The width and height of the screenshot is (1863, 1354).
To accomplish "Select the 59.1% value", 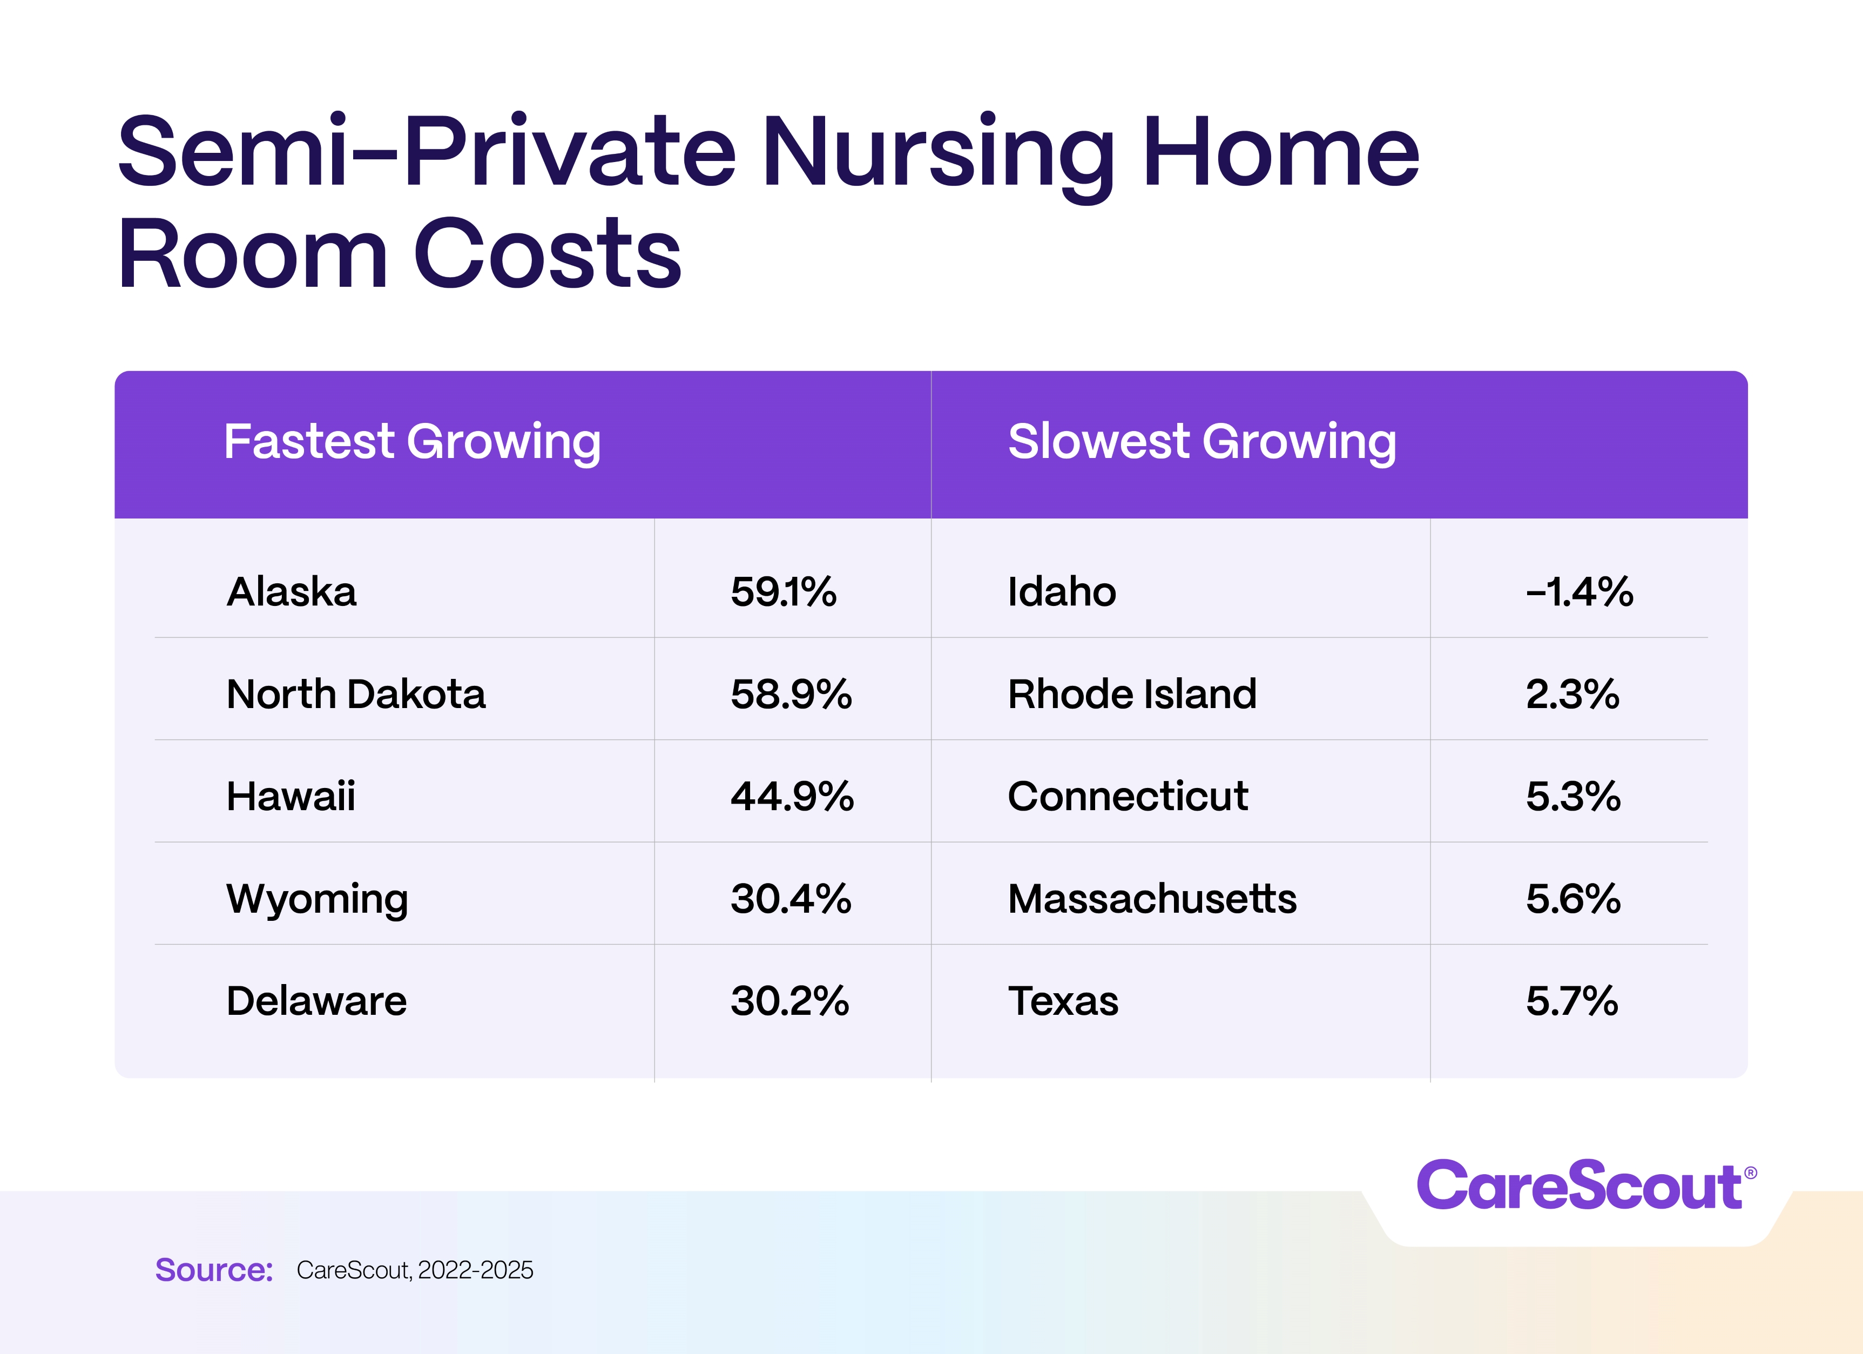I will tap(783, 591).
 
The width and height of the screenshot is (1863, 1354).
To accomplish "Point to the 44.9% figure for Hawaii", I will tap(792, 796).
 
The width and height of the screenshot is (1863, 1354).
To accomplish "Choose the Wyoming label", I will tap(316, 899).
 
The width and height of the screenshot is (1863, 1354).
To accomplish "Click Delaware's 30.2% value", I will tap(789, 1001).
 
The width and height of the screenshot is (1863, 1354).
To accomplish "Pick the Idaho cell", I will tap(1061, 591).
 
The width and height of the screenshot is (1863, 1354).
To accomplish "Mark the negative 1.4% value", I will tap(1579, 591).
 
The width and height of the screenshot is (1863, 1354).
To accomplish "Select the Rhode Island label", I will tap(1132, 694).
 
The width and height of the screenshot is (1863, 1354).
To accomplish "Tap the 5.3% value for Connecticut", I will tap(1573, 796).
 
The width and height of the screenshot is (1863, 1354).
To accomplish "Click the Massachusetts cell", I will tap(1152, 899).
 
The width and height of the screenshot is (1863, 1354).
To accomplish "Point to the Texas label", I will tap(1062, 1001).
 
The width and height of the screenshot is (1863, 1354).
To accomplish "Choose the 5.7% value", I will tap(1571, 1001).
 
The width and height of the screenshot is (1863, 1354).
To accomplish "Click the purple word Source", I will tap(214, 1270).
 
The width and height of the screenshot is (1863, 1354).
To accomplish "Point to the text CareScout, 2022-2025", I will tap(415, 1270).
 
